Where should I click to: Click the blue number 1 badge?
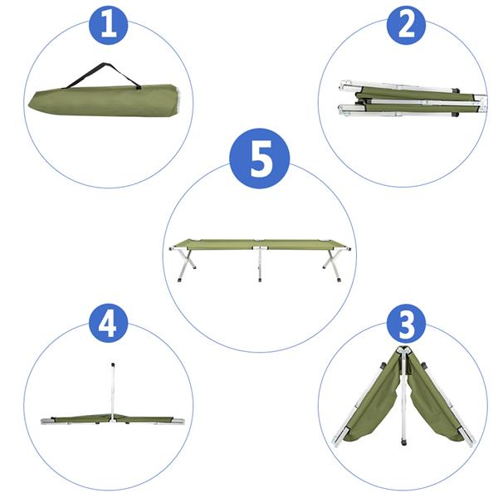(x=110, y=26)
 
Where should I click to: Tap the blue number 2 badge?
(x=405, y=26)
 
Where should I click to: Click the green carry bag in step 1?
(x=100, y=99)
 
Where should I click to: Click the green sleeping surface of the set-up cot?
(x=261, y=246)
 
